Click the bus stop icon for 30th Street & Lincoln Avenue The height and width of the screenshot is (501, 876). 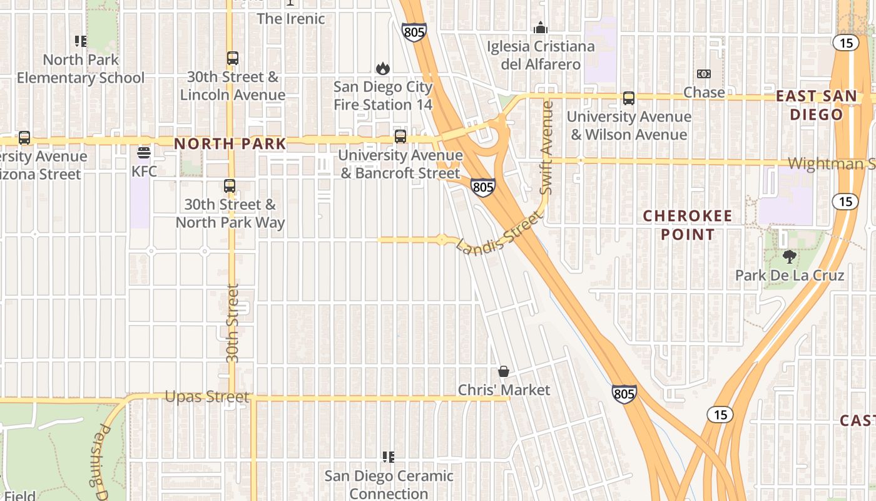233,58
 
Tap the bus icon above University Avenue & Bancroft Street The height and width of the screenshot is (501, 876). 400,136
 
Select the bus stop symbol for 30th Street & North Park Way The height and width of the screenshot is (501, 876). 230,186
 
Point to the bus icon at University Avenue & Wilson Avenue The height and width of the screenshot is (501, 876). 629,98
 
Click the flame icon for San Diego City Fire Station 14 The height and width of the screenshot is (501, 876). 382,68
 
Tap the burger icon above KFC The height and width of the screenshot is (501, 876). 144,153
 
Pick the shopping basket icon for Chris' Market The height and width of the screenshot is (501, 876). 504,371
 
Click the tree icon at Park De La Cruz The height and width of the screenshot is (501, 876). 790,256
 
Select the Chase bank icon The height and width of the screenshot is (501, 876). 704,74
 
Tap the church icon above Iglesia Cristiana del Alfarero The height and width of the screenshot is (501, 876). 541,28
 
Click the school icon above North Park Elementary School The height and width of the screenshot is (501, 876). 81,41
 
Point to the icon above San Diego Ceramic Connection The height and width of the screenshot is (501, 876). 389,457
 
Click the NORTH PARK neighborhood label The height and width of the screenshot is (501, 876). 230,143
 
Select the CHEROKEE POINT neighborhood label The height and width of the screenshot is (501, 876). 688,225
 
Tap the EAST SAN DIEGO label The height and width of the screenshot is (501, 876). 817,105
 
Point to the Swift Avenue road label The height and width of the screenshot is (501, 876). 547,147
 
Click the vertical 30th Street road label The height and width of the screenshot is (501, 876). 233,323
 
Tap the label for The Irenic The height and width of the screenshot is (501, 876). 291,19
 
